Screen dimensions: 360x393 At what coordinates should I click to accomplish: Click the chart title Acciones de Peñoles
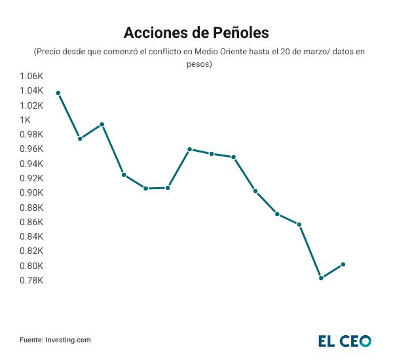[196, 32]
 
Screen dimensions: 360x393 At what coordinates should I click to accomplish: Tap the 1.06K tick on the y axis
[31, 77]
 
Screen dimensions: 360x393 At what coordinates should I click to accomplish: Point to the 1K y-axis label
[25, 120]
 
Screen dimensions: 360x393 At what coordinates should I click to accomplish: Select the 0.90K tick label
[31, 192]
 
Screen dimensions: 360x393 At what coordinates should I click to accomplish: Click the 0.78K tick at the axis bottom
[31, 280]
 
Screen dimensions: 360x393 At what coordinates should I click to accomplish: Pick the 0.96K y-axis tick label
[31, 149]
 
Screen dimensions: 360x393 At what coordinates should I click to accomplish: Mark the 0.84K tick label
[31, 236]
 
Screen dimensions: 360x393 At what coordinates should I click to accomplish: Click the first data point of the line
[58, 93]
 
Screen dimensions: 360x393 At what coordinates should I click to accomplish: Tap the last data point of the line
[343, 264]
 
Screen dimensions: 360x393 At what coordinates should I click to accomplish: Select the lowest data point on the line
[321, 278]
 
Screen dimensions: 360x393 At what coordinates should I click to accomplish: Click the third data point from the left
[102, 124]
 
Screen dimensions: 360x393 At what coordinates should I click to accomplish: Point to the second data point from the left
[80, 139]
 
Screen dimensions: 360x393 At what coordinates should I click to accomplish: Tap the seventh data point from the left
[189, 149]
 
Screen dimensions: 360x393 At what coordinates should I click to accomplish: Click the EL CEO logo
[345, 340]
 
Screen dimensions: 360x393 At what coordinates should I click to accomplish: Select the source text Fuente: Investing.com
[55, 340]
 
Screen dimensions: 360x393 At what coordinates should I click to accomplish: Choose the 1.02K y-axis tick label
[31, 105]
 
